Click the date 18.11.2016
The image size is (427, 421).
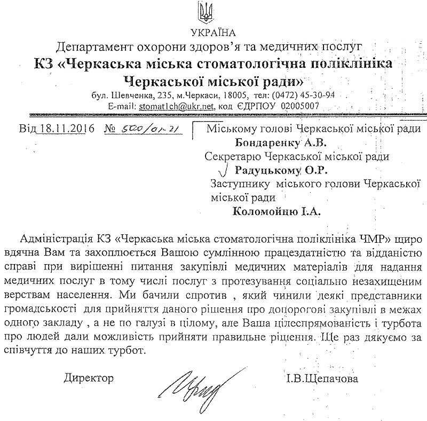64,130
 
